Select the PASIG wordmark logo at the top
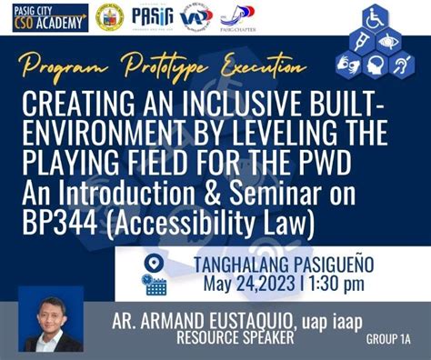pyautogui.click(x=150, y=15)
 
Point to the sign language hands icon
pyautogui.click(x=350, y=66)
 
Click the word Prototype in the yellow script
pyautogui.click(x=150, y=65)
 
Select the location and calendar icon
pyautogui.click(x=155, y=274)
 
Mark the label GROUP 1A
pyautogui.click(x=388, y=338)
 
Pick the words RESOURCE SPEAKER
pyautogui.click(x=238, y=338)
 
